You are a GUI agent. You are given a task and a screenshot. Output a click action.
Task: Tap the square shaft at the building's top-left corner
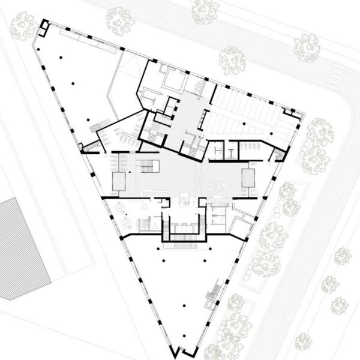(x=45, y=27)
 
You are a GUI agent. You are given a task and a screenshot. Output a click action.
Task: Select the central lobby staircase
(x=147, y=164)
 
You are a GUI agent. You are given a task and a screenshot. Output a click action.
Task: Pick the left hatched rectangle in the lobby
(x=118, y=181)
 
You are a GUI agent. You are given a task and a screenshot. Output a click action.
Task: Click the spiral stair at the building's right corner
(x=277, y=155)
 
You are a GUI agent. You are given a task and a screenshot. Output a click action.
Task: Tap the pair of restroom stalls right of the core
(x=226, y=151)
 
